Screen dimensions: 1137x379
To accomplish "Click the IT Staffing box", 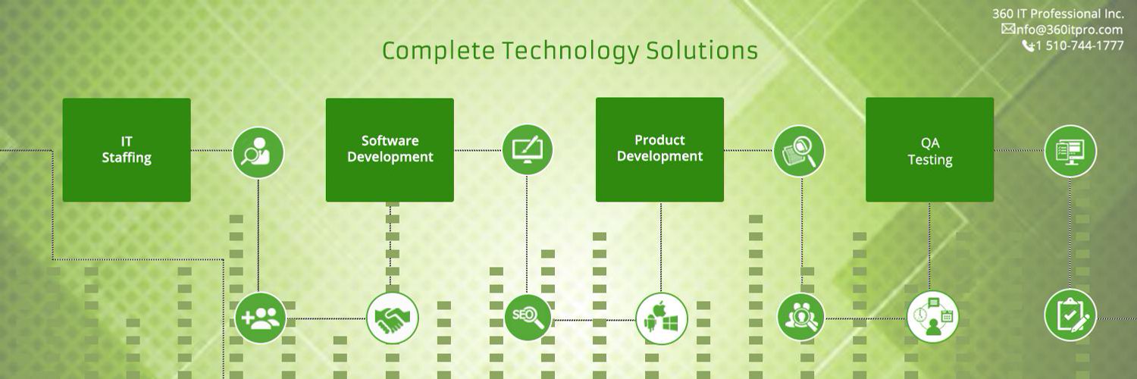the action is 127,149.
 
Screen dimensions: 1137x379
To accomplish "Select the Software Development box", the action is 390,149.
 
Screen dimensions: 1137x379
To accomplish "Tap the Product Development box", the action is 660,149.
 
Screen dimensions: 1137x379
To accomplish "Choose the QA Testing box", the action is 930,149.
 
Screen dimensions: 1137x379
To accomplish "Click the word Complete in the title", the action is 438,52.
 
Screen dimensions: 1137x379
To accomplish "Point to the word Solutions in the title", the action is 702,50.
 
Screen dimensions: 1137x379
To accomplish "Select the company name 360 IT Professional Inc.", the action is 1058,14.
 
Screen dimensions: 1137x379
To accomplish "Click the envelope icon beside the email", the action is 1007,29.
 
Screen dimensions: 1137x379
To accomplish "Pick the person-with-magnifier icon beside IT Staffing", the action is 258,152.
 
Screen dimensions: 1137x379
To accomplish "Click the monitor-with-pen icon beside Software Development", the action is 528,150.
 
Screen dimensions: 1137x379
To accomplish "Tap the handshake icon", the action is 393,318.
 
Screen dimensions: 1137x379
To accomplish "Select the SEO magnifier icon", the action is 528,318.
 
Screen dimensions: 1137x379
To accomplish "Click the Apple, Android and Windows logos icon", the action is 662,319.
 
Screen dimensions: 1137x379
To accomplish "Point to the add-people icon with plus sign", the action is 261,318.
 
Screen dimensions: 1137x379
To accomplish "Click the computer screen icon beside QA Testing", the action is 1070,151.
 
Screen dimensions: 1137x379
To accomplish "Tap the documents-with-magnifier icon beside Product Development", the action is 799,151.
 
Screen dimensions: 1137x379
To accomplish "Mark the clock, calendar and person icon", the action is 933,317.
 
